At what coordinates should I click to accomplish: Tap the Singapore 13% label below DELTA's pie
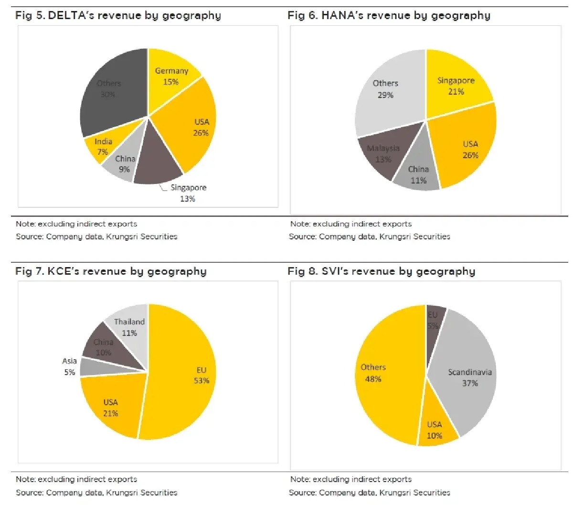[x=188, y=193]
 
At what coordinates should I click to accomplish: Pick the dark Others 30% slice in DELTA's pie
[x=112, y=91]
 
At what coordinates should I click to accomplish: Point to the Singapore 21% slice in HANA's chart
[x=456, y=86]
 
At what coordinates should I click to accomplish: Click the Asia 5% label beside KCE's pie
[x=69, y=366]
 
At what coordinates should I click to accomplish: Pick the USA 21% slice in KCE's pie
[x=111, y=408]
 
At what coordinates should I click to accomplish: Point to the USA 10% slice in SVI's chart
[x=435, y=430]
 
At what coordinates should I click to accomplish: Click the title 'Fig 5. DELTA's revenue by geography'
[x=118, y=15]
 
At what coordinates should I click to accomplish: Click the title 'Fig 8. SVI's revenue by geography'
[x=381, y=271]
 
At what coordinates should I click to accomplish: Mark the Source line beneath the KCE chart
[x=96, y=492]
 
